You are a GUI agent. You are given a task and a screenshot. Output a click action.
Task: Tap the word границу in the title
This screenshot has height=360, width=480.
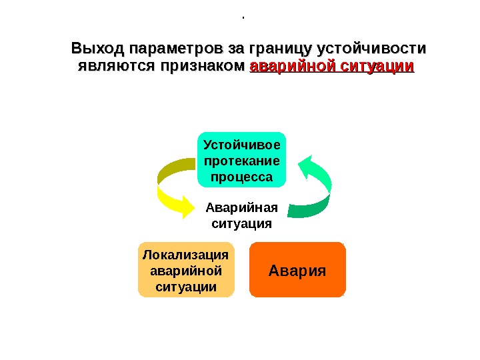coord(280,49)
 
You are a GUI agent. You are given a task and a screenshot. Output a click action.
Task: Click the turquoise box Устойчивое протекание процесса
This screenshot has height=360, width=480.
coord(242,160)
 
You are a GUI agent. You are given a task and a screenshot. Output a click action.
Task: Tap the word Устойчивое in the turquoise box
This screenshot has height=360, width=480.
coord(242,145)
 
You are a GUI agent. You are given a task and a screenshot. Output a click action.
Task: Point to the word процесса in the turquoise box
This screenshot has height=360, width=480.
coord(242,177)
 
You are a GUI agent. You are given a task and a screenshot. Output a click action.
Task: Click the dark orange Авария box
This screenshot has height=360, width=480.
coord(297,270)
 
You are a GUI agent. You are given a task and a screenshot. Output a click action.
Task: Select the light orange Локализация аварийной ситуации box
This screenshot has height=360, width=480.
coord(186,270)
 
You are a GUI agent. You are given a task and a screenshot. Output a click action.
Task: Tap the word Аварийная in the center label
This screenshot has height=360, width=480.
coord(242,207)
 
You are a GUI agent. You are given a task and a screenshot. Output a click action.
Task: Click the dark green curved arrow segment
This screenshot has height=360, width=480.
coord(313,207)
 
